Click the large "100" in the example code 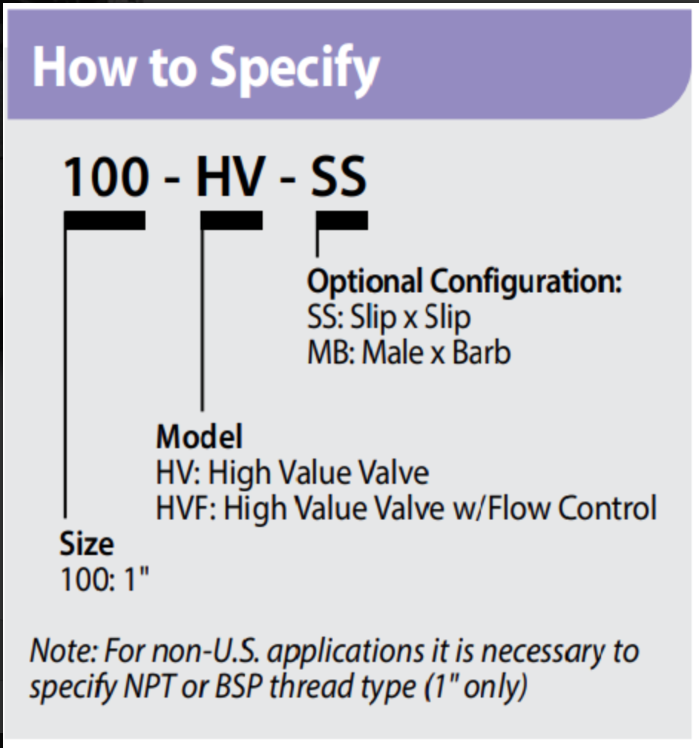(105, 177)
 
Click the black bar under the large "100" (105, 220)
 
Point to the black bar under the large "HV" (232, 220)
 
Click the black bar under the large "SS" (342, 220)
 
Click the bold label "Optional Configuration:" (464, 281)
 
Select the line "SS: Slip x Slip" (389, 317)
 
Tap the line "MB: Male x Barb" (409, 352)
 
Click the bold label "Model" (199, 437)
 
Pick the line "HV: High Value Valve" (292, 473)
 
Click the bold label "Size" (87, 545)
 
